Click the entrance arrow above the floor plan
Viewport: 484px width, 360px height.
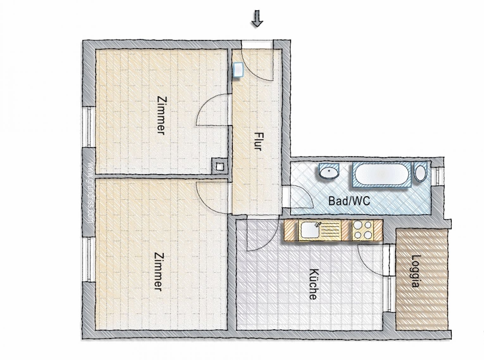pos(257,19)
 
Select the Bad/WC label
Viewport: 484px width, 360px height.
pos(349,201)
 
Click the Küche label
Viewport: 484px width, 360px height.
pos(313,284)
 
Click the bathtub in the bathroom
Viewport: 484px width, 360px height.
pos(380,174)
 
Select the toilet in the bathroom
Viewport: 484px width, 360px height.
pos(420,173)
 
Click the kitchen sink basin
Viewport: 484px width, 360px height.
pos(310,230)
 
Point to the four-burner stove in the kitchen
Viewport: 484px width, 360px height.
pos(363,230)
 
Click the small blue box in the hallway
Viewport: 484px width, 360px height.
pos(238,69)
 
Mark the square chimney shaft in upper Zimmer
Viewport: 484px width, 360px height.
pos(219,166)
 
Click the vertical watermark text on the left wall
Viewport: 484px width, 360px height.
pos(89,193)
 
